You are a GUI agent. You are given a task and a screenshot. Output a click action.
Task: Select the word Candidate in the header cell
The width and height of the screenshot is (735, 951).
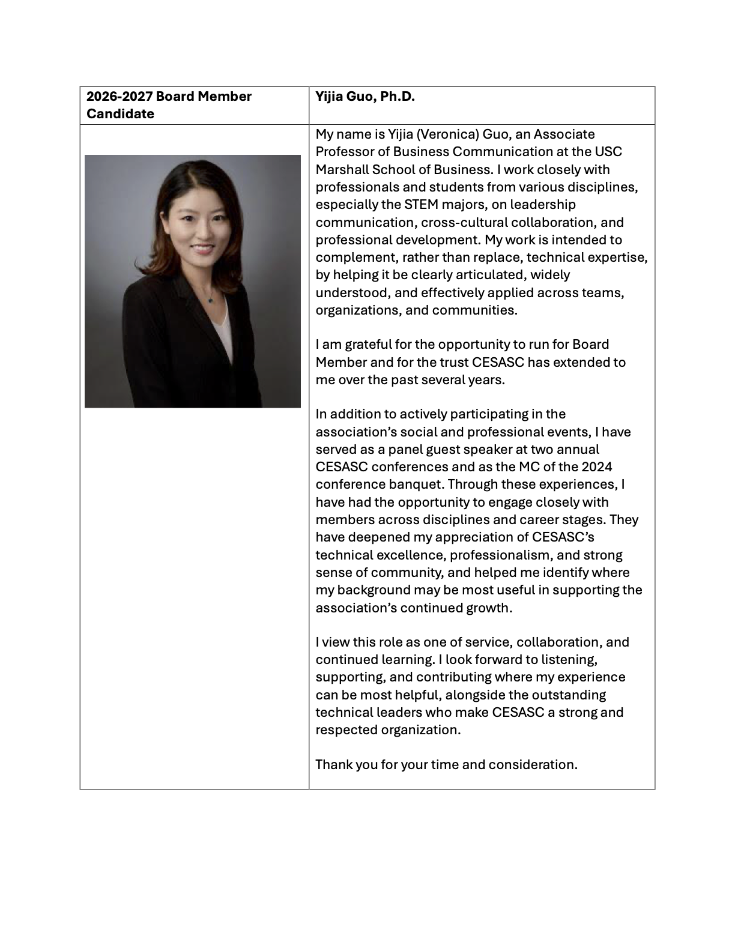[120, 114]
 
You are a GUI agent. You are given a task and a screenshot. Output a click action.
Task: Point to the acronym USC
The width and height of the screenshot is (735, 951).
[608, 152]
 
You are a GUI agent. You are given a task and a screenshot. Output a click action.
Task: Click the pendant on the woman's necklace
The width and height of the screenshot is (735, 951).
[210, 299]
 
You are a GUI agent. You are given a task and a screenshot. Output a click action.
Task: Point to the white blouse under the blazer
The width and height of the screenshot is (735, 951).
[223, 333]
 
